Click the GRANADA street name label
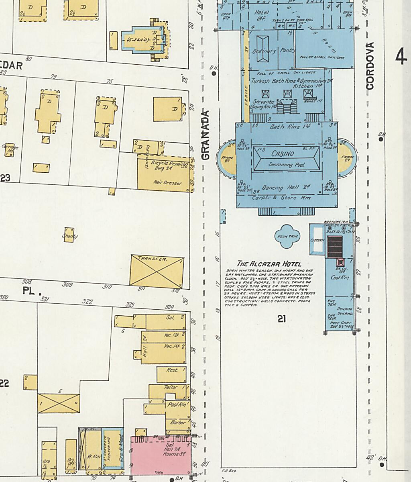point(205,135)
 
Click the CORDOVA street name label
point(370,66)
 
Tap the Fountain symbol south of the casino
point(287,236)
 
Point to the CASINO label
point(283,153)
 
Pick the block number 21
point(281,319)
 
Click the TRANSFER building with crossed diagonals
point(157,272)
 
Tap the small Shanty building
point(69,236)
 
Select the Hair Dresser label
point(167,183)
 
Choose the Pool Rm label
point(175,405)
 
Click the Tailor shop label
point(171,387)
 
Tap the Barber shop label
point(177,423)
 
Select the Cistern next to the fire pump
point(317,240)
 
